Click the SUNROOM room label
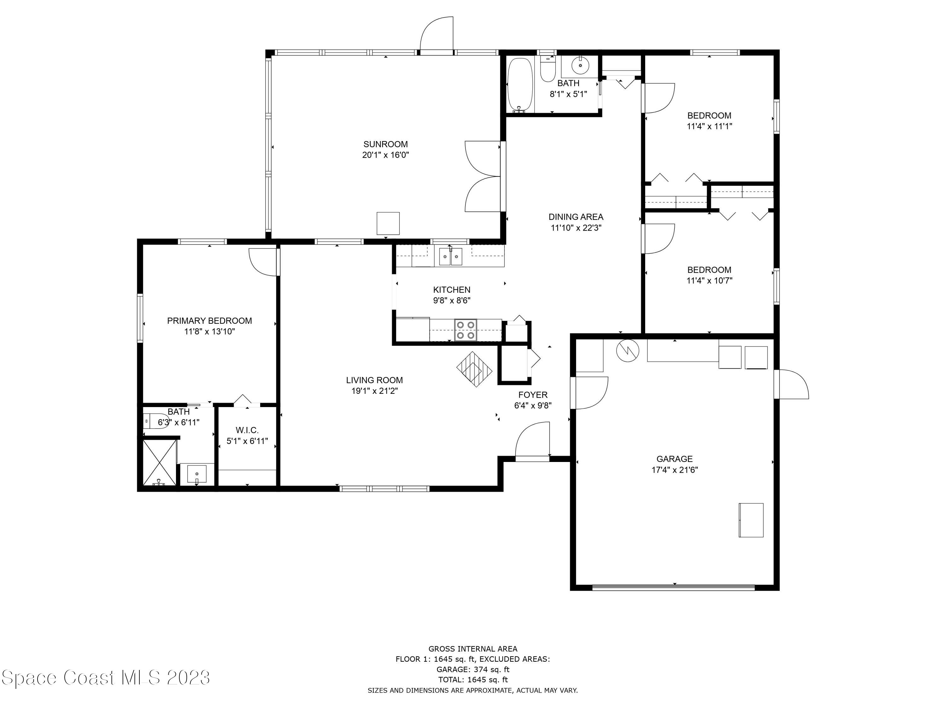tap(385, 144)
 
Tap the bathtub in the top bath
tap(520, 85)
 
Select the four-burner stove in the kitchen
tap(466, 330)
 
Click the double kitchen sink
tap(451, 256)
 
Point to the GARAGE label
tap(674, 459)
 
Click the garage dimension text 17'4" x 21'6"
tap(674, 470)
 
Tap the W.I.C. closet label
tap(247, 430)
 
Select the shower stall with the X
tap(159, 462)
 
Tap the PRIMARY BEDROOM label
tap(210, 321)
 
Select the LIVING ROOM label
tap(374, 380)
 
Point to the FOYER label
tap(533, 395)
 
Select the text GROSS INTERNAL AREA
tap(473, 649)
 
